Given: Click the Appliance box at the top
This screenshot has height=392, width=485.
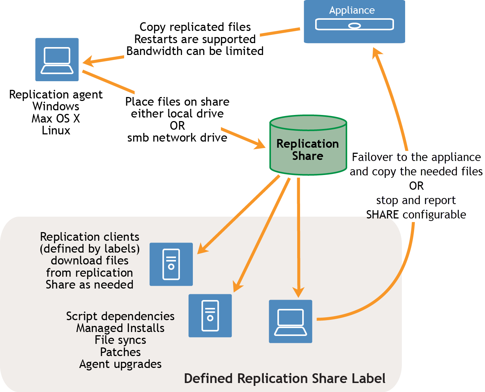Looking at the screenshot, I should pos(354,22).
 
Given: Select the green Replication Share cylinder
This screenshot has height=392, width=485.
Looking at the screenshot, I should pos(308,145).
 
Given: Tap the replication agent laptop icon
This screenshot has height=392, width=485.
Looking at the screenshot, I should pos(57,60).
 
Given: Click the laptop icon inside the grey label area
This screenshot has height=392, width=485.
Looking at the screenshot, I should pos(290,322).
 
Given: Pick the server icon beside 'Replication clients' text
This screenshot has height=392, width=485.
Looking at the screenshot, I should pos(171,264).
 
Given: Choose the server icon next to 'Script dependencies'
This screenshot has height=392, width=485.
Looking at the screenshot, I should pos(210,315).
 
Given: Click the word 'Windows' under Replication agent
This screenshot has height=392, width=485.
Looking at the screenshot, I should pos(56,106).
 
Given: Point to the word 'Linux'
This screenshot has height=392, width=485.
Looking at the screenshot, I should pos(56,130).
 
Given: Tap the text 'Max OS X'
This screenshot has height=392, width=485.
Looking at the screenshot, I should pos(56,118).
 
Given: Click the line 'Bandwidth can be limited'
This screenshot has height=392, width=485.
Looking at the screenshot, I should pos(195,51).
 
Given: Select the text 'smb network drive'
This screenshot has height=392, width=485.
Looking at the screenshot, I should pos(177,138).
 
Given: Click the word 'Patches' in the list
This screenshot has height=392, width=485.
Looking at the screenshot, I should pos(120,352).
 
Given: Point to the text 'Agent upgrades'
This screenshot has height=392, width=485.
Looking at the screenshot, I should pos(120,364).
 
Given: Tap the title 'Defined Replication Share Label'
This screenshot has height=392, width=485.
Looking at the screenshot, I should pos(285,378).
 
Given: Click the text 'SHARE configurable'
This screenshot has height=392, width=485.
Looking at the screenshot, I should pos(416,215).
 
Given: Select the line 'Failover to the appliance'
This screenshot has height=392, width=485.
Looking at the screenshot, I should pos(416,157).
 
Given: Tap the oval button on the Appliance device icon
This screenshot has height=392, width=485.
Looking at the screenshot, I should pos(354,26).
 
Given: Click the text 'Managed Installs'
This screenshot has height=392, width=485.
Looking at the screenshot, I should pos(120,328).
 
